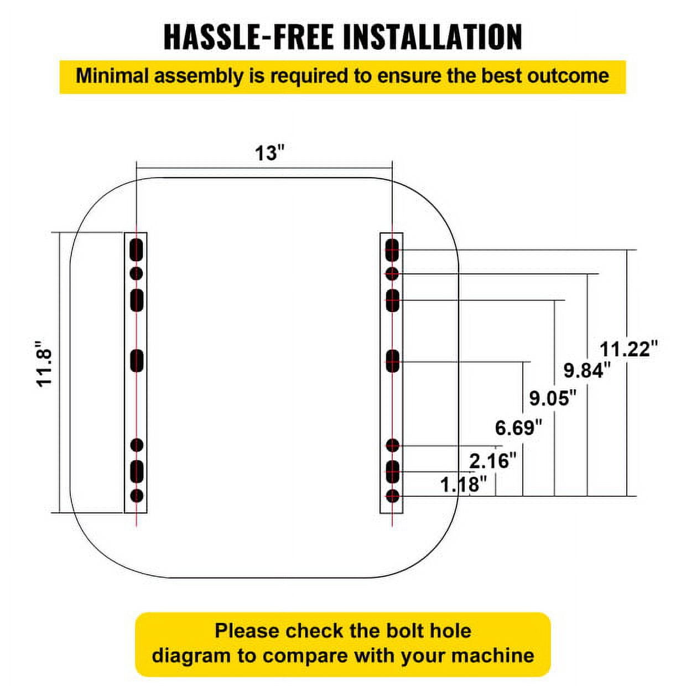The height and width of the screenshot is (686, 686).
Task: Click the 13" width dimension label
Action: [270, 153]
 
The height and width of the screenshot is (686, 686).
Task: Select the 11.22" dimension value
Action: [629, 349]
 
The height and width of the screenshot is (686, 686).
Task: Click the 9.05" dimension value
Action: [553, 398]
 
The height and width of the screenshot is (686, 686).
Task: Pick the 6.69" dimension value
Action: [519, 428]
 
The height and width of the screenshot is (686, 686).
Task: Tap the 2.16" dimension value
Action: [493, 461]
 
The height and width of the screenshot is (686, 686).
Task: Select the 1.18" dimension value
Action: [464, 485]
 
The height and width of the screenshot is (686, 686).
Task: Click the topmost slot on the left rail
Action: [137, 250]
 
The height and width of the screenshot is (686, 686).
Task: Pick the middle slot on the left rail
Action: [137, 361]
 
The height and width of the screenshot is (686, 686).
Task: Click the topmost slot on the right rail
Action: [392, 250]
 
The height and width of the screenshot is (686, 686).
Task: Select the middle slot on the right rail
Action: [392, 361]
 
